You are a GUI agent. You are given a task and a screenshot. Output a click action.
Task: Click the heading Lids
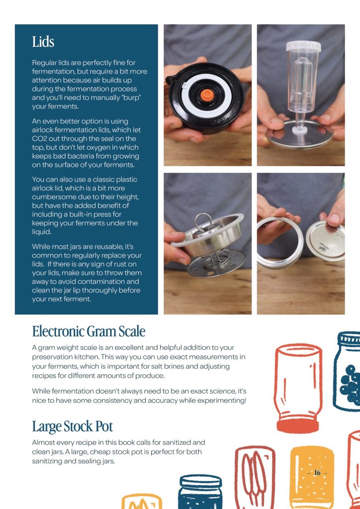click(43, 42)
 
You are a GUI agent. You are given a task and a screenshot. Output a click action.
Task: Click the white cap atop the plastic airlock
click(303, 46)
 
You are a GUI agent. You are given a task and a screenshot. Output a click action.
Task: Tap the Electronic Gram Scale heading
click(89, 331)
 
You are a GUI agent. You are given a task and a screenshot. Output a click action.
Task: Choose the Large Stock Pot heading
click(73, 426)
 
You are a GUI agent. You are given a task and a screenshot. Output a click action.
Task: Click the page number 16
click(317, 473)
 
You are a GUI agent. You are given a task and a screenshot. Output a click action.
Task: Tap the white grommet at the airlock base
click(300, 131)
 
